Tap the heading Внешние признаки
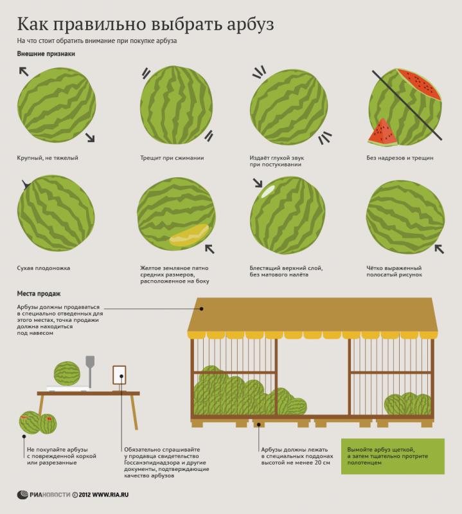coord(46,54)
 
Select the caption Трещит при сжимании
coord(172,157)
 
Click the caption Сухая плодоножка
coord(44,268)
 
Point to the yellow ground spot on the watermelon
coord(189,235)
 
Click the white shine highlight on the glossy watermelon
coord(267,191)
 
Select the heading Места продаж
coord(39,294)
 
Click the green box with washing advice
coord(393,456)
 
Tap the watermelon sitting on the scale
coord(67,374)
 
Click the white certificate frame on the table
coord(120,375)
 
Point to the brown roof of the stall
coord(312,315)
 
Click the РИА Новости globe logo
coord(22,495)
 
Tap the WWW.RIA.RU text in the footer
coord(110,495)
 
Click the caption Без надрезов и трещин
coord(400,157)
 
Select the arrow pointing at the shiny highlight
coord(258,183)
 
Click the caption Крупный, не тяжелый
coord(48,157)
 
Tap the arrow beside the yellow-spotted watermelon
coord(209,249)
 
